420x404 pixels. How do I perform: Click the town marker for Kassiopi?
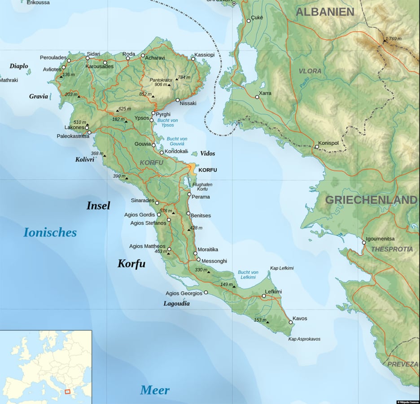click(x=193, y=59)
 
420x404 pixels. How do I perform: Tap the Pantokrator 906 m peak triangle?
click(x=169, y=85)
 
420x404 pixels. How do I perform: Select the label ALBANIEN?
click(x=325, y=12)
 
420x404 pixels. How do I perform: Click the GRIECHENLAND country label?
click(x=371, y=200)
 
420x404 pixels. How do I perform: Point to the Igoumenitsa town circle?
click(x=364, y=243)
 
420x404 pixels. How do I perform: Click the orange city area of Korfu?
click(x=192, y=169)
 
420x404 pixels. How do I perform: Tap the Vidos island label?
click(x=207, y=154)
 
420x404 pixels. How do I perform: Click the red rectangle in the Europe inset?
click(x=67, y=391)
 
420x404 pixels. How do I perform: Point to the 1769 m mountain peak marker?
click(x=385, y=41)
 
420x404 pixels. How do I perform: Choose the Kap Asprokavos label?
click(x=304, y=339)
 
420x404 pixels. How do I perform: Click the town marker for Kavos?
click(x=290, y=322)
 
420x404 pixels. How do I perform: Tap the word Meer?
click(x=155, y=390)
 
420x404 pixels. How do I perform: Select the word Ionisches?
click(x=50, y=233)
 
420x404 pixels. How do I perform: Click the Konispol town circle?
click(x=317, y=147)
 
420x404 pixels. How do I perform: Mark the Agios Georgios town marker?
click(x=206, y=292)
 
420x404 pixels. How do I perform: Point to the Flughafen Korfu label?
click(x=202, y=187)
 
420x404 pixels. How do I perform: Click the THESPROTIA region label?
click(x=391, y=249)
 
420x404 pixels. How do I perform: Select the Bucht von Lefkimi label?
click(x=248, y=275)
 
